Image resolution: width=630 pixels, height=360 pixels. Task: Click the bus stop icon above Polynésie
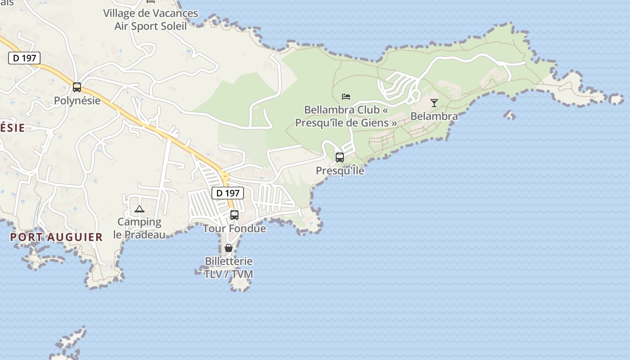pyautogui.click(x=77, y=87)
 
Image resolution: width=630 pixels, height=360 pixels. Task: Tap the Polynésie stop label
pyautogui.click(x=77, y=100)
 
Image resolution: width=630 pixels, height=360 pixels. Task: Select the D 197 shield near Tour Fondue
pyautogui.click(x=228, y=193)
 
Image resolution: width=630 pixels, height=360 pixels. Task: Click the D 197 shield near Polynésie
pyautogui.click(x=24, y=58)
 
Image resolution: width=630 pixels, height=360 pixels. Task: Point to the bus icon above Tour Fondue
pyautogui.click(x=234, y=215)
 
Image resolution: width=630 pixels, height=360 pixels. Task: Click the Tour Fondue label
pyautogui.click(x=234, y=229)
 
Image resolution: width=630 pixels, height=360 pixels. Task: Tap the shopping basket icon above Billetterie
pyautogui.click(x=229, y=248)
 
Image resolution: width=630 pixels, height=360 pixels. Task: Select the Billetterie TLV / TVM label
pyautogui.click(x=229, y=268)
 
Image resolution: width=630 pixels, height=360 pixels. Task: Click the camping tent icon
pyautogui.click(x=139, y=209)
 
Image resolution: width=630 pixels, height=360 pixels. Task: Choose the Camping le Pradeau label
pyautogui.click(x=139, y=228)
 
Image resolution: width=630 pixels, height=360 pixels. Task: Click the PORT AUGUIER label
pyautogui.click(x=57, y=237)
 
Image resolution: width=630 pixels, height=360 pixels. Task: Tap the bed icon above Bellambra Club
pyautogui.click(x=346, y=96)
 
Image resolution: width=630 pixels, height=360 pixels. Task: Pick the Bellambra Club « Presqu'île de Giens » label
pyautogui.click(x=346, y=116)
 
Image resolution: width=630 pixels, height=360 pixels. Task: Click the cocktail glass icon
pyautogui.click(x=434, y=103)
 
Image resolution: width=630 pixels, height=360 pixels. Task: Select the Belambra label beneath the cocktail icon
pyautogui.click(x=434, y=116)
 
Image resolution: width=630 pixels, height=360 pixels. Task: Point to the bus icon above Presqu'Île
pyautogui.click(x=340, y=157)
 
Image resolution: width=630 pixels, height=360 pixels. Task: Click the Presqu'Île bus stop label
pyautogui.click(x=340, y=171)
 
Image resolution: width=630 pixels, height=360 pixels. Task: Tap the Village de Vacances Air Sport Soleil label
pyautogui.click(x=150, y=20)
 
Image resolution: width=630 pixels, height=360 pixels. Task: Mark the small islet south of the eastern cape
pyautogui.click(x=509, y=115)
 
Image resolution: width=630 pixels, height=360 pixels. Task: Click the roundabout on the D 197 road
pyautogui.click(x=225, y=176)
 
